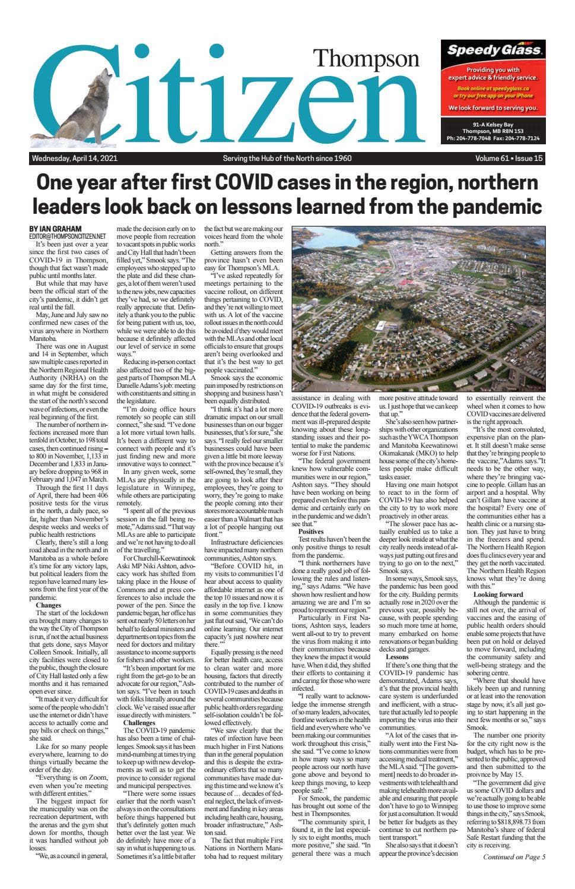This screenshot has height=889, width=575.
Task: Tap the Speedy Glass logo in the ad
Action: click(494, 50)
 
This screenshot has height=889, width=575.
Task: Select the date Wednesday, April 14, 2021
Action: click(74, 159)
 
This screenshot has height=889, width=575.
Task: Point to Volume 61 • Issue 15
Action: click(509, 159)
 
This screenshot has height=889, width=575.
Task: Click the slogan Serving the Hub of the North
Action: click(287, 159)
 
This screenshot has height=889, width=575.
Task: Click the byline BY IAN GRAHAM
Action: click(55, 229)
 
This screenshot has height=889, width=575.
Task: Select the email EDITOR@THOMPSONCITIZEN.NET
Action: click(67, 236)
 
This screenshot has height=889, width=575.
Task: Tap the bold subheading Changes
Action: click(48, 605)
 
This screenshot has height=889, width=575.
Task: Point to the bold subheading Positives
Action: click(311, 531)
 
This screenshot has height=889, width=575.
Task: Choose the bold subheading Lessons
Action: click(397, 657)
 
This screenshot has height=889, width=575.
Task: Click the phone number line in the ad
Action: click(493, 138)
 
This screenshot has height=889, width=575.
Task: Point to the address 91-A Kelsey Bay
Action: click(493, 124)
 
